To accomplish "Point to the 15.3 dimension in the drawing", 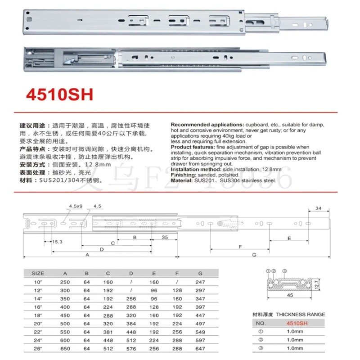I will (57, 242).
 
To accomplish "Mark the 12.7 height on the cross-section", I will (316, 284).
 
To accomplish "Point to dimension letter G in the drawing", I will (254, 255).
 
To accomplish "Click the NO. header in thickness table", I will (261, 323).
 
